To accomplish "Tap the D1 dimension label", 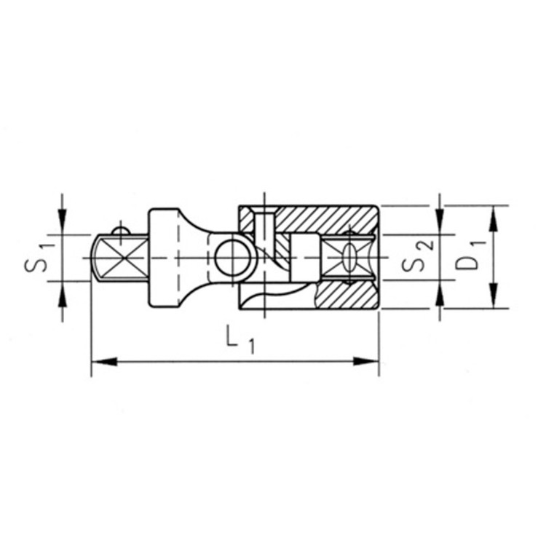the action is tap(470, 257).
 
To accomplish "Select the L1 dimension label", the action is tap(240, 339).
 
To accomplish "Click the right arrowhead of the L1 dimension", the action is tap(366, 361).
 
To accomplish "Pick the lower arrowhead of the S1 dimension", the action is tap(63, 294).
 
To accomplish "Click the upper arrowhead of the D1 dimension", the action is tap(494, 218).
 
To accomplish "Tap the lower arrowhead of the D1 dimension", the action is tap(494, 296).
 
